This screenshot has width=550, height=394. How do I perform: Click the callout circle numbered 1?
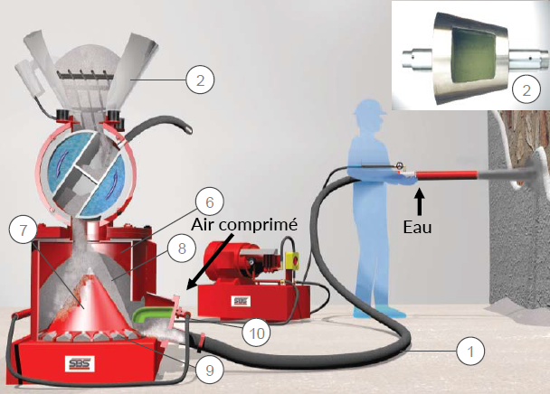click(470, 351)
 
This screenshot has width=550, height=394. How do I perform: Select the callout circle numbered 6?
click(209, 202)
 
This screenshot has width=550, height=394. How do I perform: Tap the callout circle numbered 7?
click(23, 230)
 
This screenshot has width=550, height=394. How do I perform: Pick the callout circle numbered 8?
click(181, 249)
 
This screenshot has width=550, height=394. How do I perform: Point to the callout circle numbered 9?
click(209, 370)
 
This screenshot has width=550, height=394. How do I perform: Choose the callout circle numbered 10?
click(256, 333)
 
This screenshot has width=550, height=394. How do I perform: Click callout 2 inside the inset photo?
click(526, 89)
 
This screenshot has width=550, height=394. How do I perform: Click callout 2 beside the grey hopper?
click(200, 80)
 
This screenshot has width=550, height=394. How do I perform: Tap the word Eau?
click(417, 227)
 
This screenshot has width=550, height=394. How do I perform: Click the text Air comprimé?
click(244, 225)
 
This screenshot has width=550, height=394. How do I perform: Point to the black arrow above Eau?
click(419, 202)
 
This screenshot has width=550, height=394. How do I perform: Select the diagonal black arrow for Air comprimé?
click(210, 262)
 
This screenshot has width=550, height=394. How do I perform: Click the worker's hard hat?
click(370, 107)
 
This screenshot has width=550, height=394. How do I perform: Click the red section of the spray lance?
click(446, 175)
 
